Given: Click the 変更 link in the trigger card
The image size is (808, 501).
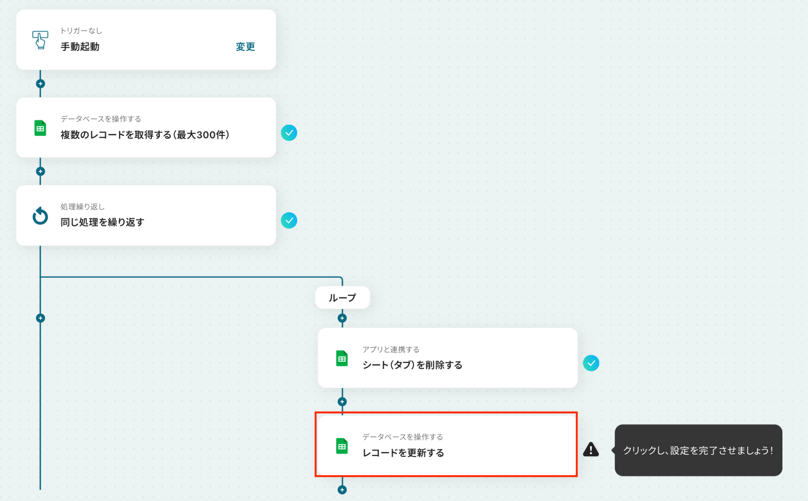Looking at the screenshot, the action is click(245, 47).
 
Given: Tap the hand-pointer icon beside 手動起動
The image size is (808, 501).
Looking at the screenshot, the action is click(40, 40).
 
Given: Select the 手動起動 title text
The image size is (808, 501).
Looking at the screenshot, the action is click(80, 47).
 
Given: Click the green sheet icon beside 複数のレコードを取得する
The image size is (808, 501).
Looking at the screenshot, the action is click(40, 128).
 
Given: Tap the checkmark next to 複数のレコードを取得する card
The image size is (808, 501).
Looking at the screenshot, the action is click(289, 133).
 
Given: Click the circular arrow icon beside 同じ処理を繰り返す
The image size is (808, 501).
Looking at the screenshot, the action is click(40, 216).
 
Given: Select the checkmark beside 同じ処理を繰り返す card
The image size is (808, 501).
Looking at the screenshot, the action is click(289, 221).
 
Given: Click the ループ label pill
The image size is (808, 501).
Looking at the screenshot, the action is click(342, 297).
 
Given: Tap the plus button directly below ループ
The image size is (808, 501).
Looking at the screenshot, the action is click(342, 318).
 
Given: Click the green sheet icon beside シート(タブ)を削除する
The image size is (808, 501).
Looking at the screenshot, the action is click(342, 359).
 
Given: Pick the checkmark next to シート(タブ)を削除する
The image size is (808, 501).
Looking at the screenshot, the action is click(591, 363).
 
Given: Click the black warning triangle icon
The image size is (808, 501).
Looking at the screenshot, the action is click(591, 449).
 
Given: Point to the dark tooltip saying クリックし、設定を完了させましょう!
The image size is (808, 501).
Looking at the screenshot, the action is click(698, 450).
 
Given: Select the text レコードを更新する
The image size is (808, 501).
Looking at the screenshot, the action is click(404, 453).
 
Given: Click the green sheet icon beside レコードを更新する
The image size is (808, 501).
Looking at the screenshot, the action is click(342, 446).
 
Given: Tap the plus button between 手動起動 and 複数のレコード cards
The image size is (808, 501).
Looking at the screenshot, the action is click(40, 84).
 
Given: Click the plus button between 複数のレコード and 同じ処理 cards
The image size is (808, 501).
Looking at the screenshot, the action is click(40, 171).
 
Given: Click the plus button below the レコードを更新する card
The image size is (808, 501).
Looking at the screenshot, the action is click(342, 490).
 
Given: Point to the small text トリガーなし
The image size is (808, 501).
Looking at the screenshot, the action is click(81, 31).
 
